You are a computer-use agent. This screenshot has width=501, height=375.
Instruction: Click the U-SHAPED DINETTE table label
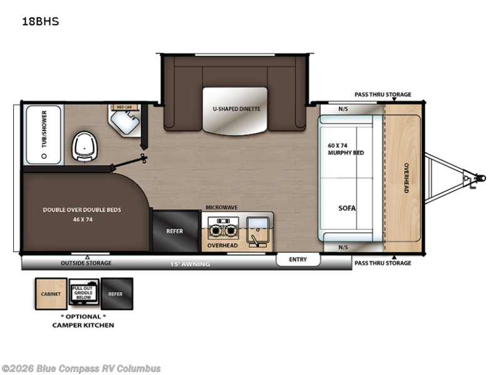(235, 109)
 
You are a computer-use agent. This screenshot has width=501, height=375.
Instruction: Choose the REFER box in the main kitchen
(175, 231)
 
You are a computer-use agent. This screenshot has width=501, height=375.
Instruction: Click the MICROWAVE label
(220, 207)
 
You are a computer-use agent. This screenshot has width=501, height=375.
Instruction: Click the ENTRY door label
(298, 259)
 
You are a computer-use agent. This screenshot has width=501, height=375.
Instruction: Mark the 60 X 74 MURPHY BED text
(346, 149)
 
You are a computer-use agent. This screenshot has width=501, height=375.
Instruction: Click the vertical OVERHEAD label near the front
(405, 177)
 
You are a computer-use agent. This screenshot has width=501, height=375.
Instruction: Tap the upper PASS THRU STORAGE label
(383, 94)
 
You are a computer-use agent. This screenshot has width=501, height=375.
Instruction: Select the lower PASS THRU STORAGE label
(383, 263)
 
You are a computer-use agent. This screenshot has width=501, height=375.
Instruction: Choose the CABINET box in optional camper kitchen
(51, 294)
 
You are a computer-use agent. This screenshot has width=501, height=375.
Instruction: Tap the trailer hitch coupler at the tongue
(478, 178)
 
